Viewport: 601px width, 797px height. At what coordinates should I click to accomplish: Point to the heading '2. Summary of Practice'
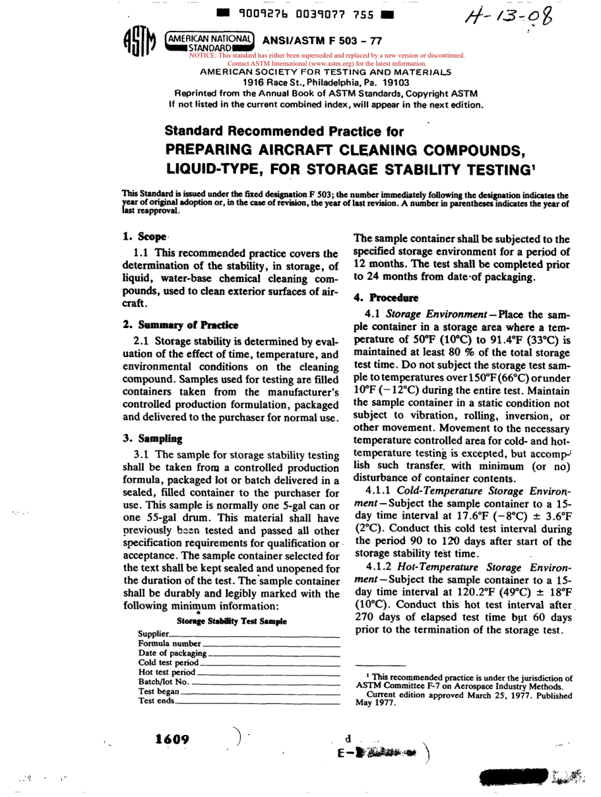pos(180,325)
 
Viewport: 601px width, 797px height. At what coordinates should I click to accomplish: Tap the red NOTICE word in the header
pos(202,56)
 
